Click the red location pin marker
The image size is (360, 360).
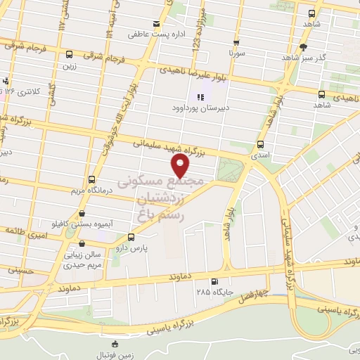pos(181,165)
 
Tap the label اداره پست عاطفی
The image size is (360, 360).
pos(149,33)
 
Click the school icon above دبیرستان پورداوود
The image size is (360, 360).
pos(200,98)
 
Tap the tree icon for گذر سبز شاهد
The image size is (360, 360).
pos(303,48)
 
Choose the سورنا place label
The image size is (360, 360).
pos(236,52)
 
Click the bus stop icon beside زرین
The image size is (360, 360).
pos(69,54)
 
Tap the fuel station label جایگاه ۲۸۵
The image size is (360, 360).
pos(213,290)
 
